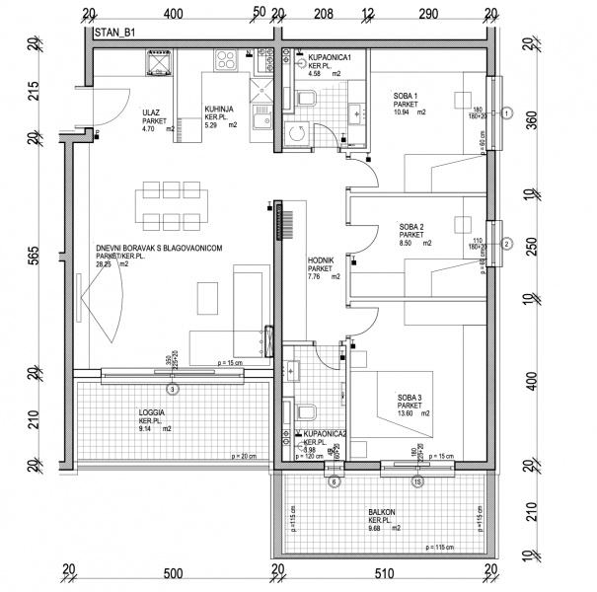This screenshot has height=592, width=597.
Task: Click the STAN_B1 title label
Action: (x=115, y=33)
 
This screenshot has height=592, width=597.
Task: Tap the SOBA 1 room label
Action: (x=406, y=96)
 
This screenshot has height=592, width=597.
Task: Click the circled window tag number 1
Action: (x=506, y=113)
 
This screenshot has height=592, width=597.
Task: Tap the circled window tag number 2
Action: (x=506, y=244)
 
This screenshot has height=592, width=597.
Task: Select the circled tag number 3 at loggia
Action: (x=173, y=390)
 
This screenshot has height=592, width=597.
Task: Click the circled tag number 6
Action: (x=333, y=481)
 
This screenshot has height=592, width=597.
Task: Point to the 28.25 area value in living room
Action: (x=103, y=264)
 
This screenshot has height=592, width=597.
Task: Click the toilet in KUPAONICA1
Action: (x=306, y=100)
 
